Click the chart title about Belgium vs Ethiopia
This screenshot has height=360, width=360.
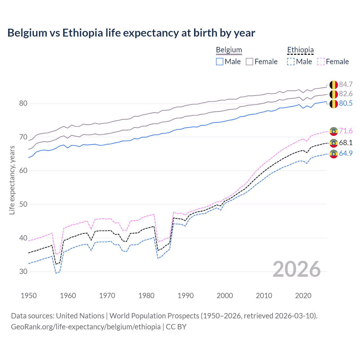[x=131, y=33]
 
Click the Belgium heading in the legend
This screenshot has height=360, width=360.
[x=229, y=50]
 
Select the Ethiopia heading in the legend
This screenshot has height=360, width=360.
[x=300, y=50]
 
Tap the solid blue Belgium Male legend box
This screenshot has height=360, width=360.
[x=220, y=62]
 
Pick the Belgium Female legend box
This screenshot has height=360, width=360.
[x=249, y=62]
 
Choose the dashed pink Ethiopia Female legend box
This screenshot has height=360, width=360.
[x=321, y=62]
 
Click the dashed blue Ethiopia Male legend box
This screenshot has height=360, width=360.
[x=291, y=62]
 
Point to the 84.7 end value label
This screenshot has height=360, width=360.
[x=346, y=84]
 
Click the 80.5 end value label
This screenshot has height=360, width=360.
[x=346, y=103]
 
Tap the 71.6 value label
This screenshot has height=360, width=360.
[x=346, y=131]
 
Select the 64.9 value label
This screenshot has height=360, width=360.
[x=346, y=153]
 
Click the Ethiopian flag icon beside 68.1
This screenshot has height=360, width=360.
[x=334, y=143]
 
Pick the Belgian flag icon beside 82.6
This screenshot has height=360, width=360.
[x=334, y=94]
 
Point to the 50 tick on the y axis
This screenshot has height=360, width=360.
[x=23, y=204]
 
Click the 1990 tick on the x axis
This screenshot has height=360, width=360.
[x=186, y=296]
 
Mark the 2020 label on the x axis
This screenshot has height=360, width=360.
[x=303, y=296]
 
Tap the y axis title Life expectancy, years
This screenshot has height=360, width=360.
[x=12, y=180]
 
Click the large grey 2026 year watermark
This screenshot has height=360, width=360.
[x=296, y=269]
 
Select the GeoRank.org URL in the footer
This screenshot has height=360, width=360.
[x=85, y=327]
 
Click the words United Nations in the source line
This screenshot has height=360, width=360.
[x=80, y=316]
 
